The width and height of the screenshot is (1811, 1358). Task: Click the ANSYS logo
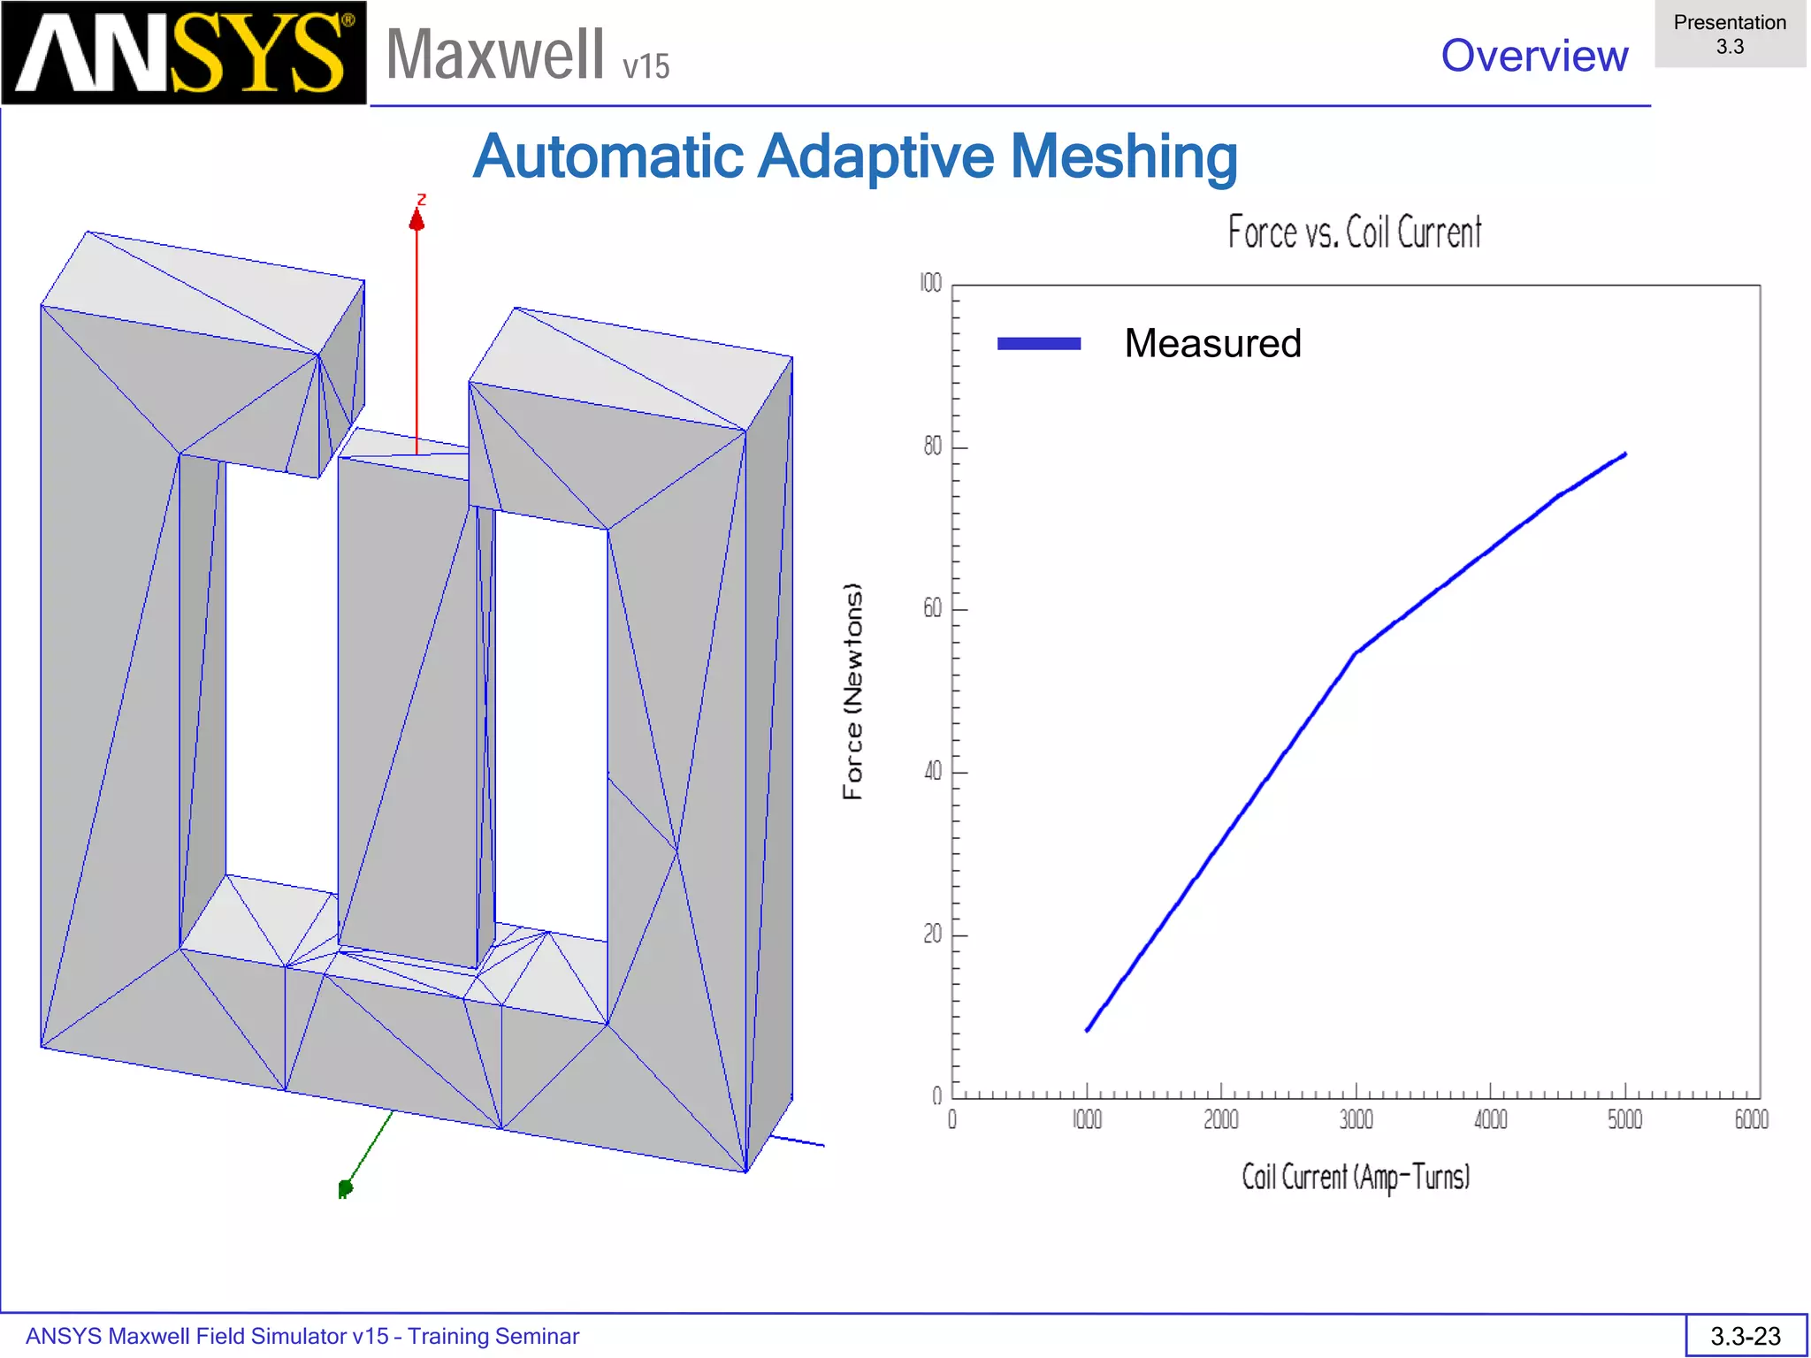183,53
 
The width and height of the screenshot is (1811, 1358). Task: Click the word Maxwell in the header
495,55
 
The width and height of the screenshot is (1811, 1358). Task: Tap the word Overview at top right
1534,56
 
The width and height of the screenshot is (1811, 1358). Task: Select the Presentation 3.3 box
1730,34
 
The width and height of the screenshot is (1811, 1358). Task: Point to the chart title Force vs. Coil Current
1354,233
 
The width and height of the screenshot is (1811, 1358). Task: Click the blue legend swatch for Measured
1038,344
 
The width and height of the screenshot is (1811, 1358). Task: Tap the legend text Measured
1212,343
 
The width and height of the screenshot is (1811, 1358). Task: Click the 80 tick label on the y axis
932,446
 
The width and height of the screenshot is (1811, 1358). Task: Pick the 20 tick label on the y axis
932,935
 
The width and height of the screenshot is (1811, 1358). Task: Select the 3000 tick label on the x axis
1356,1120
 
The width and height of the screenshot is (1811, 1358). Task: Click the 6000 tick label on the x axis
1751,1120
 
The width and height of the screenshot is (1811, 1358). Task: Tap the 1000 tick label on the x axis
1087,1120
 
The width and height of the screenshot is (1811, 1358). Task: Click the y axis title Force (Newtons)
852,691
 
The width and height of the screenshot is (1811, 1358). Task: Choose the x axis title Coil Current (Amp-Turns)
1356,1178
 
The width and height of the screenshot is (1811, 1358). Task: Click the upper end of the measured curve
1625,455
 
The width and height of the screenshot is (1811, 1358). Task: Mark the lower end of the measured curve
1087,1030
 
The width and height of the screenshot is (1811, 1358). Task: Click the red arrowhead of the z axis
417,219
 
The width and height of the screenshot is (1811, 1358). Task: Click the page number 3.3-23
1746,1336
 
